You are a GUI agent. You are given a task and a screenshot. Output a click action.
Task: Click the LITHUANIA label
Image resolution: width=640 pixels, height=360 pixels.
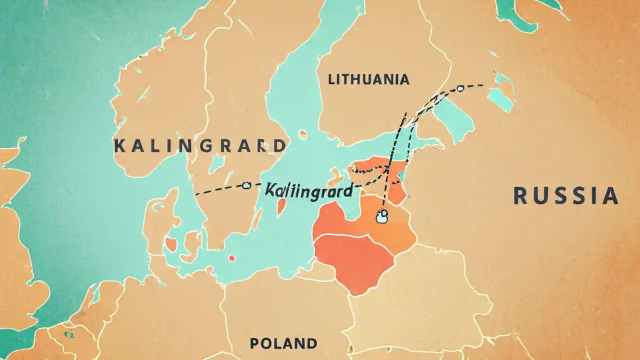(x=368, y=79)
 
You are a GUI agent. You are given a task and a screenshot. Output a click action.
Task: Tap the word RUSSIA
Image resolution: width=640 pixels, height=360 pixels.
(x=566, y=195)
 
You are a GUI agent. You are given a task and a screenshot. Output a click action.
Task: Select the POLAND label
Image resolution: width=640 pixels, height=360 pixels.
(x=283, y=343)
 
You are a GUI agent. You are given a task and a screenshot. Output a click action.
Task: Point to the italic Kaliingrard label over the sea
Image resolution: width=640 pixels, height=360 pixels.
(x=308, y=190)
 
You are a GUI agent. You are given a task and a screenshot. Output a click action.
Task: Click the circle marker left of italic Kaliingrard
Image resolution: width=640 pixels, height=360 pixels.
(x=245, y=185)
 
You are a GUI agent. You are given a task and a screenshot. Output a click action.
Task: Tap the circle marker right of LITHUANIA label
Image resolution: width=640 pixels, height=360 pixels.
(x=460, y=88)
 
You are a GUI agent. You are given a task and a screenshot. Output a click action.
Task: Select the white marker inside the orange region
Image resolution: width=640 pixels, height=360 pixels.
(x=382, y=216)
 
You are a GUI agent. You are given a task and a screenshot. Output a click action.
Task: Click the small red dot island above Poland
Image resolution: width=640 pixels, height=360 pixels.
(x=231, y=258)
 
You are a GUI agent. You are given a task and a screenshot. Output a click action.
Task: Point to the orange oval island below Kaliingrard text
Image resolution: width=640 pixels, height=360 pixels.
(x=281, y=206)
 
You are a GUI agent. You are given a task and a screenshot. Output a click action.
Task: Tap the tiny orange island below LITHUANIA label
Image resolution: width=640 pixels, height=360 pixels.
(x=303, y=134)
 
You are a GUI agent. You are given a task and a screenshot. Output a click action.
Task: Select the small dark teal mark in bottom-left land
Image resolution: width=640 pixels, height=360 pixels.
(x=66, y=333)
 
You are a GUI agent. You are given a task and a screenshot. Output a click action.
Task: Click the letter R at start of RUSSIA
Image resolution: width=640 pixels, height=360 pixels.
(x=520, y=195)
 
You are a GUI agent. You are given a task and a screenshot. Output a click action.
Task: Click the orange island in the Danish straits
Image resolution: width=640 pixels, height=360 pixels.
(x=171, y=244)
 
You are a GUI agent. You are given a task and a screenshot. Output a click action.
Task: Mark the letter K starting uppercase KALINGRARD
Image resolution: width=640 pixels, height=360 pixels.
(x=119, y=146)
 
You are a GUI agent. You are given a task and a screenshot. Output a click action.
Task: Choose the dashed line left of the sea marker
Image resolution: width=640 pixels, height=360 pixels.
(x=217, y=190)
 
